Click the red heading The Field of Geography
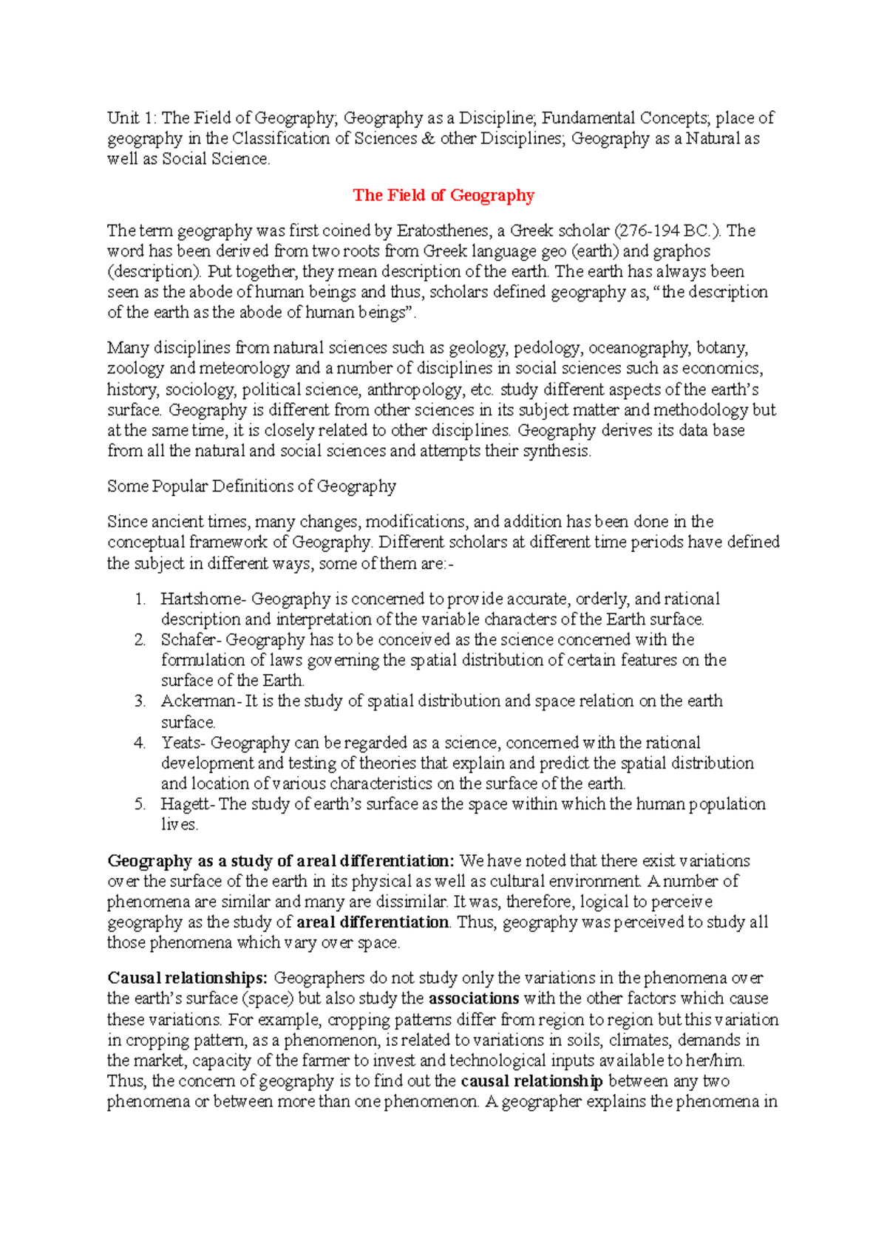pyautogui.click(x=443, y=195)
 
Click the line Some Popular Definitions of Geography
pyautogui.click(x=251, y=486)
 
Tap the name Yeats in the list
pyautogui.click(x=181, y=743)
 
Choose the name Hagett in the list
pyautogui.click(x=185, y=804)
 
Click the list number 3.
pyautogui.click(x=140, y=701)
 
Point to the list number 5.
pyautogui.click(x=140, y=804)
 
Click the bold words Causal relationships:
pyautogui.click(x=187, y=978)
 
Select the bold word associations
pyautogui.click(x=474, y=999)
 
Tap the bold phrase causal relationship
pyautogui.click(x=531, y=1081)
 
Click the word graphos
pyautogui.click(x=680, y=251)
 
